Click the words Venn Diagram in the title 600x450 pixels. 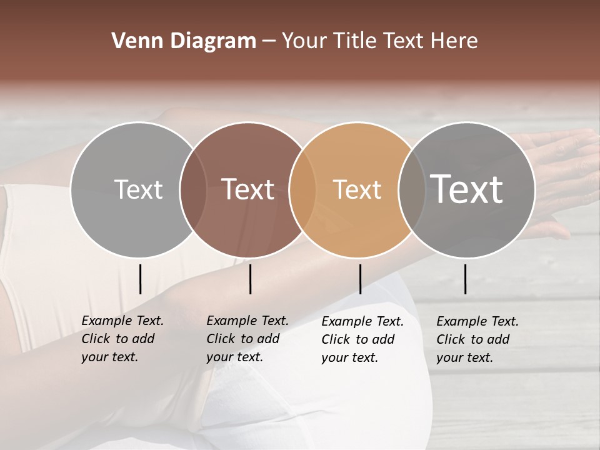point(184,41)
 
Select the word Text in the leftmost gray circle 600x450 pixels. point(138,189)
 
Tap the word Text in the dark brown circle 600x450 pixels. point(248,189)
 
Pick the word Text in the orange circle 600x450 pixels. point(357,189)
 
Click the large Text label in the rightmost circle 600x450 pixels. point(467,189)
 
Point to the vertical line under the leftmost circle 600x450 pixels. point(140,279)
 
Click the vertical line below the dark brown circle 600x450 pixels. point(250,279)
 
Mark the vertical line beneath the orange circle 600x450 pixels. point(360,279)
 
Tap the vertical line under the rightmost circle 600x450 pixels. point(466,279)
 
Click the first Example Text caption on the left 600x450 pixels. point(122,339)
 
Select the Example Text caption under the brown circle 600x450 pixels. point(247,339)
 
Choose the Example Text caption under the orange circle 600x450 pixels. point(362,339)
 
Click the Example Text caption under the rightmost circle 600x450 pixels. point(477,339)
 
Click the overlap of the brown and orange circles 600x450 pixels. point(302,189)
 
